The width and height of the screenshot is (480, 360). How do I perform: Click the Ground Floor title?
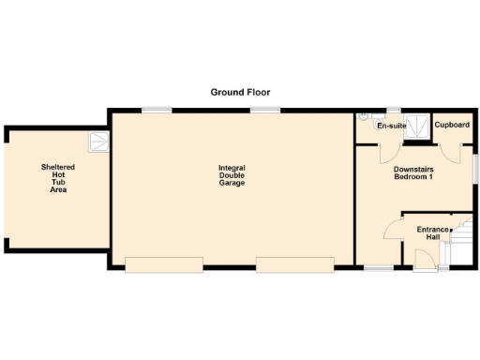[240, 92]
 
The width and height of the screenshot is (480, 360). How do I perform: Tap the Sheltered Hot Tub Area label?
[58, 178]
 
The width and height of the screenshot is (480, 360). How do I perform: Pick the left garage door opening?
[163, 265]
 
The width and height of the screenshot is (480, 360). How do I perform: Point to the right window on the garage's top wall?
[265, 111]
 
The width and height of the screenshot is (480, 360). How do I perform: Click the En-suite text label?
[391, 125]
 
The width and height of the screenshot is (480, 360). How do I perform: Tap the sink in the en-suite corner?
[364, 119]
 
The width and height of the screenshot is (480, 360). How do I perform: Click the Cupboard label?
[453, 125]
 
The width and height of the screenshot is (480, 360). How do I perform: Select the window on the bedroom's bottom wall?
[379, 268]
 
